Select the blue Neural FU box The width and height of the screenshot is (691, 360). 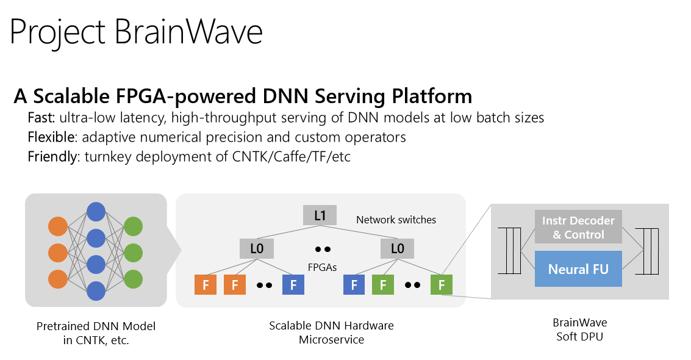[578, 269]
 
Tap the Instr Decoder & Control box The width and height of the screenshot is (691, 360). [578, 227]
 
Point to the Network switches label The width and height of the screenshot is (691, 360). [396, 220]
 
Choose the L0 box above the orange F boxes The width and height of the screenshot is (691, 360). [257, 248]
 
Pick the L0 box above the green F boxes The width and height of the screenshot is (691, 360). [397, 248]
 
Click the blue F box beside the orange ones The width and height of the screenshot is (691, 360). [293, 285]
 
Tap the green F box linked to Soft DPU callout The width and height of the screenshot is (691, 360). [441, 285]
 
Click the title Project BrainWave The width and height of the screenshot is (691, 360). [136, 32]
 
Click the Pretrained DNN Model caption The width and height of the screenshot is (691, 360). [96, 326]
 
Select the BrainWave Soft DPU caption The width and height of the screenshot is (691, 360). [579, 329]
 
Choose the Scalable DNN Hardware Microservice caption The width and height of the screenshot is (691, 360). [331, 333]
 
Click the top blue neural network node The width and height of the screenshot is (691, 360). [96, 211]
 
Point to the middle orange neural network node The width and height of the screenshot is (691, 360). [57, 253]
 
